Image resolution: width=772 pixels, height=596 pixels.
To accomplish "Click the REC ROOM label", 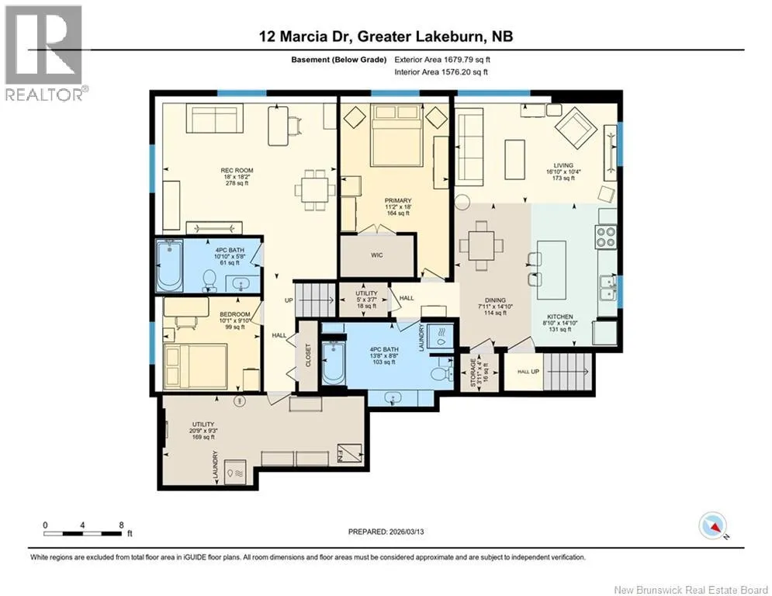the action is [x=237, y=171].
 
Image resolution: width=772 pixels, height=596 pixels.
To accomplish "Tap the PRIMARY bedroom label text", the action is [x=398, y=200].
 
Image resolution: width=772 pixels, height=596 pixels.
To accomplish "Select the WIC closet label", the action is [x=377, y=255].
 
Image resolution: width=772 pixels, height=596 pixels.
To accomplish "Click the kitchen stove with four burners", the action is [x=606, y=236].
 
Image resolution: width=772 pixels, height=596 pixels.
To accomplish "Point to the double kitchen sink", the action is [x=608, y=288].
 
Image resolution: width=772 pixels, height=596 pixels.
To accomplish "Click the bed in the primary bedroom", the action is [x=396, y=135].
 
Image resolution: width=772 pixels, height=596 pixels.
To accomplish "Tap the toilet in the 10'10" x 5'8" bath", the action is [x=209, y=281].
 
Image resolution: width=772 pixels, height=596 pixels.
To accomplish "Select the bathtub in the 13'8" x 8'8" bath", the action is [x=333, y=363].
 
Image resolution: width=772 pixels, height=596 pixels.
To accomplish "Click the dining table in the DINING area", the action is [x=482, y=245].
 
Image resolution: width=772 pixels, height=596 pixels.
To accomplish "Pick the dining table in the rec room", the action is [x=315, y=189].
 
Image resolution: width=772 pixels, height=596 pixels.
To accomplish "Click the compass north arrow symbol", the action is [x=713, y=526].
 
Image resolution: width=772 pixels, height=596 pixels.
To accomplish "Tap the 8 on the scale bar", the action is [x=122, y=525].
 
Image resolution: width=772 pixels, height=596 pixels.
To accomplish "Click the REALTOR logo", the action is [x=43, y=53].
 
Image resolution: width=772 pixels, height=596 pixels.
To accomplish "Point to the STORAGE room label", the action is [x=473, y=372].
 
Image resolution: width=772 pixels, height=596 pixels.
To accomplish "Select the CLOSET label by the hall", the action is [x=309, y=355].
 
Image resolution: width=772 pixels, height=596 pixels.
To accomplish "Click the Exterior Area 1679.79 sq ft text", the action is [x=442, y=60].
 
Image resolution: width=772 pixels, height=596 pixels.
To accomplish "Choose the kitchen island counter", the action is [x=552, y=270].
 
